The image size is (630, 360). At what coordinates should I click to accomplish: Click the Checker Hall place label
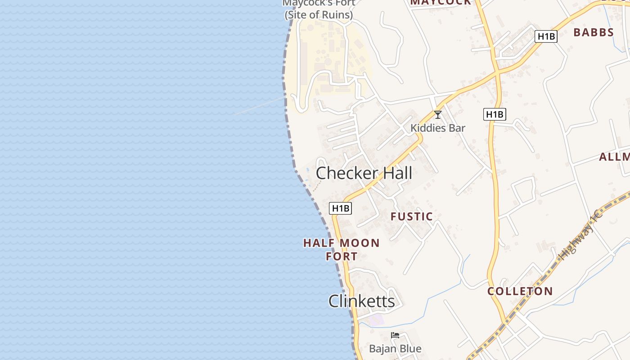(364, 173)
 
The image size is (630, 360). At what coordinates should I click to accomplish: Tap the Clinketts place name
(361, 301)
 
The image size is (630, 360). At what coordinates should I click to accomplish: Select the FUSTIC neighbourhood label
(411, 217)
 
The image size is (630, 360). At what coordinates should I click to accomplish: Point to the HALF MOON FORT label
(341, 250)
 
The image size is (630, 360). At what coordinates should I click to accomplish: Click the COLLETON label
(520, 291)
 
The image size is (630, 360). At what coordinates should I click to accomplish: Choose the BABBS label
(594, 32)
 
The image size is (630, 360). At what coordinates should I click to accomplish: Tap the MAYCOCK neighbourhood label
(441, 2)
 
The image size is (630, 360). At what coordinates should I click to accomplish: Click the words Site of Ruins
(319, 15)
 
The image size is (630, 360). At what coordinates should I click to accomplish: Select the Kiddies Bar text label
(437, 128)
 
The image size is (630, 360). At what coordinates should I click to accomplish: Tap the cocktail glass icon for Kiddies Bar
(437, 115)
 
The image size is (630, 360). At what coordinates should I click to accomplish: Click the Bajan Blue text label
(395, 349)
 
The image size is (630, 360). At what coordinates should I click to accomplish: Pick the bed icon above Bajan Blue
(395, 335)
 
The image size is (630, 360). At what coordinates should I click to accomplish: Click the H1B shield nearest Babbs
(546, 36)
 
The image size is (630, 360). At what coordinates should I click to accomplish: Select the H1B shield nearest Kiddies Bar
(495, 114)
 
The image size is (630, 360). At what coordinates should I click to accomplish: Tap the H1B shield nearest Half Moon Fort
(340, 208)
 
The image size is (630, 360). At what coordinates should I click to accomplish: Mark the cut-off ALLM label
(615, 157)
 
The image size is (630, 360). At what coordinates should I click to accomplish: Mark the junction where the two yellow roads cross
(498, 72)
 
